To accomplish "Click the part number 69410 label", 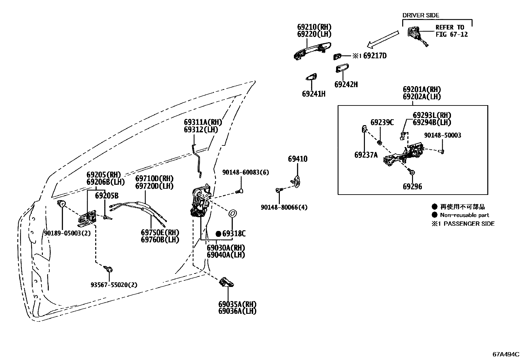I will [297, 159].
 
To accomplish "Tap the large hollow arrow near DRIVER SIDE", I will [383, 39].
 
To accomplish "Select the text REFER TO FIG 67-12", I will [451, 31].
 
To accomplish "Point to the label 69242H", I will [346, 85].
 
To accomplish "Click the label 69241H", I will [314, 94].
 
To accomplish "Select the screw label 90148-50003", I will [442, 135].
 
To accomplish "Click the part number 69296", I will [412, 187].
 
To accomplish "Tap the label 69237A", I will [366, 155].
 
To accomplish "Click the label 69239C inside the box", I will [382, 123].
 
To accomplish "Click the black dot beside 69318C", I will [218, 234].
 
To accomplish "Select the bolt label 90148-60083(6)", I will [245, 172].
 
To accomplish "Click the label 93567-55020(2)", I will [114, 285].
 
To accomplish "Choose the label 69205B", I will [107, 196].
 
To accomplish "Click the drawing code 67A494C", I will [506, 354].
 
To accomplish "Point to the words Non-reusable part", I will [464, 215].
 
